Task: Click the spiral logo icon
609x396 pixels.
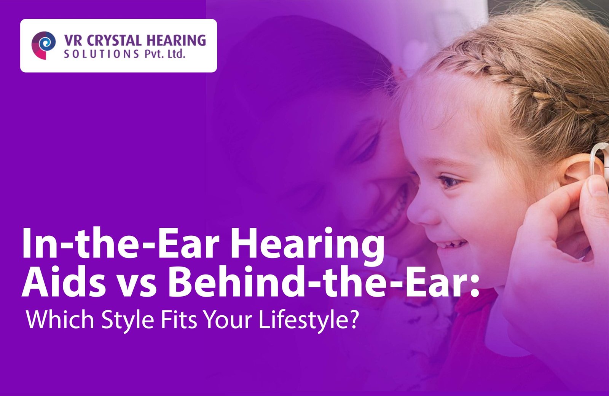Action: tap(43, 45)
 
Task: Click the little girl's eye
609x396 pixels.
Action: tap(449, 180)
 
